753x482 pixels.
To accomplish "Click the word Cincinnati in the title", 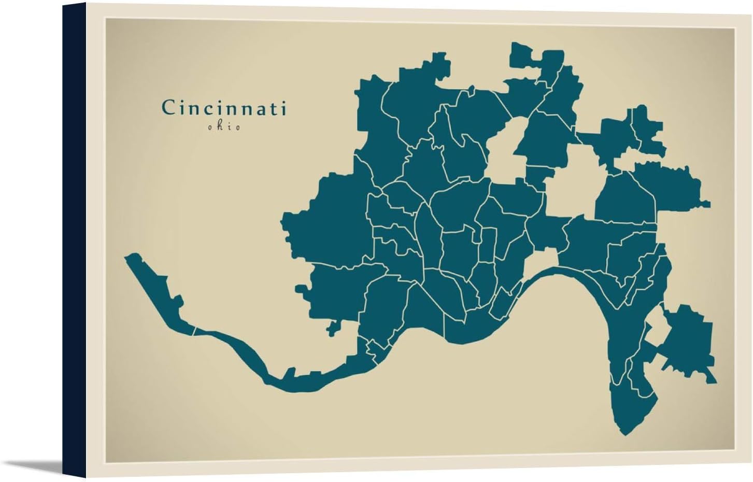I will coord(224,108).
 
